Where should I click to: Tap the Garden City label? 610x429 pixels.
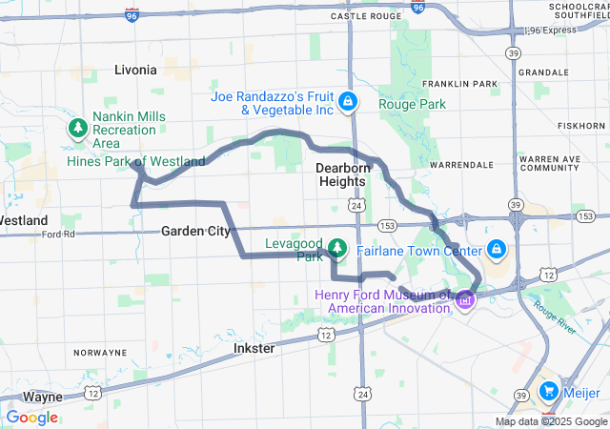pos(195,231)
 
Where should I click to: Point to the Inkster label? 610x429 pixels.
pos(254,349)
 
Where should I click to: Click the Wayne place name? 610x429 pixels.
pos(43,397)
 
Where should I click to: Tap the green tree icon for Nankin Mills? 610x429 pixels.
pos(75,127)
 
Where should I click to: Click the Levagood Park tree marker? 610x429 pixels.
pos(336,249)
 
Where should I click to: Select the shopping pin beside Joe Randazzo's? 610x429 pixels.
pos(349,99)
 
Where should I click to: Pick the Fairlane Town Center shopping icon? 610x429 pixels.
pos(496,250)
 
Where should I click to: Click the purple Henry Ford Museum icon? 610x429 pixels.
pos(465,299)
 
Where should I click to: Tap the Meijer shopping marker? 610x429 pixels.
pos(549,391)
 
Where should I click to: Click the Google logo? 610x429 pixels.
pos(31,418)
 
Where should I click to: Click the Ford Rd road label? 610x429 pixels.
pos(58,234)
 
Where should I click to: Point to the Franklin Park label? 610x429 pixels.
pos(466,84)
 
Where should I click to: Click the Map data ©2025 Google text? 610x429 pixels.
pos(550,421)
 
